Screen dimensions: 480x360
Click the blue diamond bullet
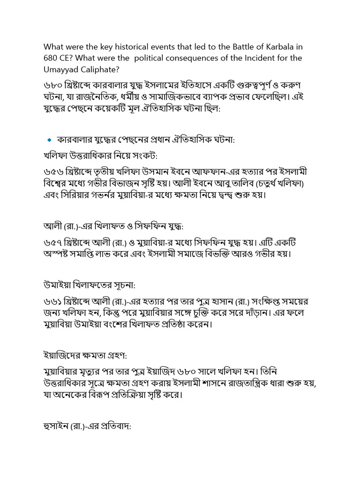[x=49, y=140]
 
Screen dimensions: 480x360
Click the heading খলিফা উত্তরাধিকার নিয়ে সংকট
[x=100, y=156]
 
